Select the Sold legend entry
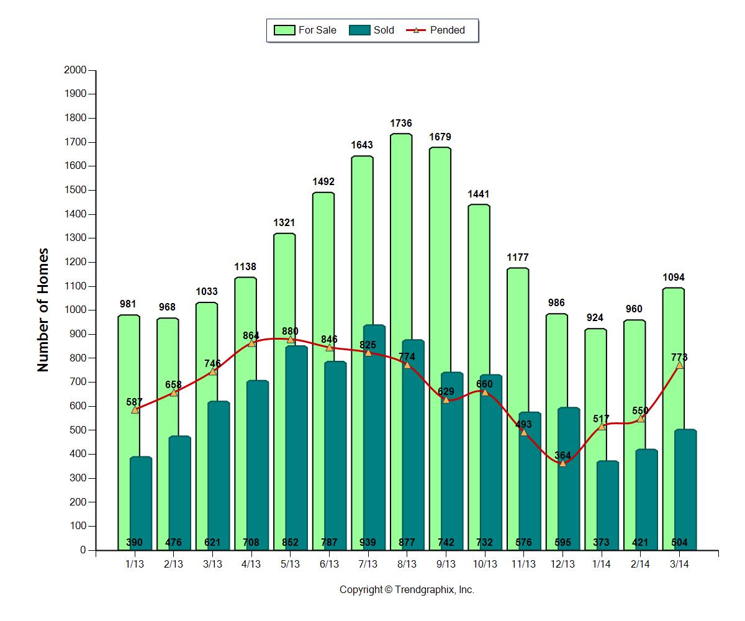tap(372, 30)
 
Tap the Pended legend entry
tap(438, 30)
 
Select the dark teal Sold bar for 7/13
tap(374, 435)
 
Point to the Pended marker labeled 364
tap(562, 463)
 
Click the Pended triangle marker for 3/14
tap(679, 365)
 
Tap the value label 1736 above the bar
tap(401, 124)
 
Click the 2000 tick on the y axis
tap(74, 70)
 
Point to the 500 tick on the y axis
tap(77, 430)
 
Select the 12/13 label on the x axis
tap(562, 564)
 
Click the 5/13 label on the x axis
tap(291, 564)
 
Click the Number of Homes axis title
tap(43, 310)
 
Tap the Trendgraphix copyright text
tap(407, 590)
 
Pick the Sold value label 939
tap(368, 543)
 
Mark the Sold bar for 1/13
tap(141, 497)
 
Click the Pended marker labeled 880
tap(291, 339)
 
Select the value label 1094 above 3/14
tap(674, 278)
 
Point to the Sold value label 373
tap(602, 543)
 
